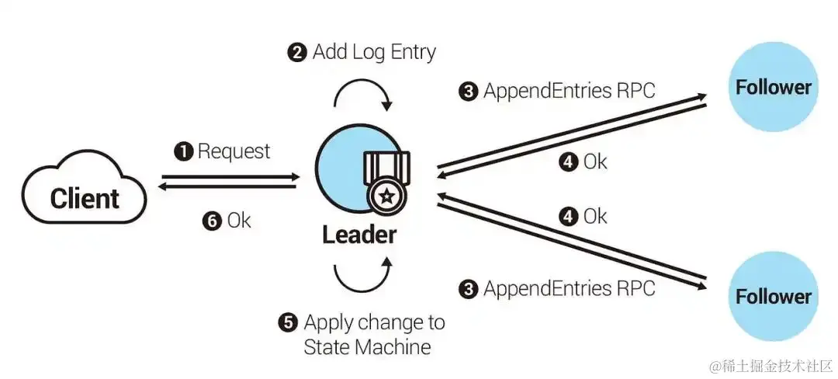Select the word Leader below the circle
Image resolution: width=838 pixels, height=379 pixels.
[x=359, y=234]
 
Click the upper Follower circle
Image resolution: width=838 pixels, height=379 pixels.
[x=773, y=87]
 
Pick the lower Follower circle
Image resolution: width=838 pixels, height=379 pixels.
[x=773, y=296]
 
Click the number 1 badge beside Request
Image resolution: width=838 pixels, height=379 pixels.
[x=184, y=151]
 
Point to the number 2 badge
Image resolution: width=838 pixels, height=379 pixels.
[x=297, y=54]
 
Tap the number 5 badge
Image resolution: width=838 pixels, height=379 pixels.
[x=288, y=322]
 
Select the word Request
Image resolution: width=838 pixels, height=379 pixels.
[x=234, y=151]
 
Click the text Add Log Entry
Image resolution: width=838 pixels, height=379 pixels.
[x=374, y=53]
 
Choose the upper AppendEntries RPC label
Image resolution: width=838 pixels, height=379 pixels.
[x=569, y=91]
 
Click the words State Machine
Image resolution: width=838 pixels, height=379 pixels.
[x=367, y=346]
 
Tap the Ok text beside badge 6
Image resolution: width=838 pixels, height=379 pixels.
[x=239, y=221]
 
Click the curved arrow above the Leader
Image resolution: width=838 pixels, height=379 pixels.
[x=363, y=93]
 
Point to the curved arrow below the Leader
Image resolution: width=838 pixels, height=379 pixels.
[x=363, y=278]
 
